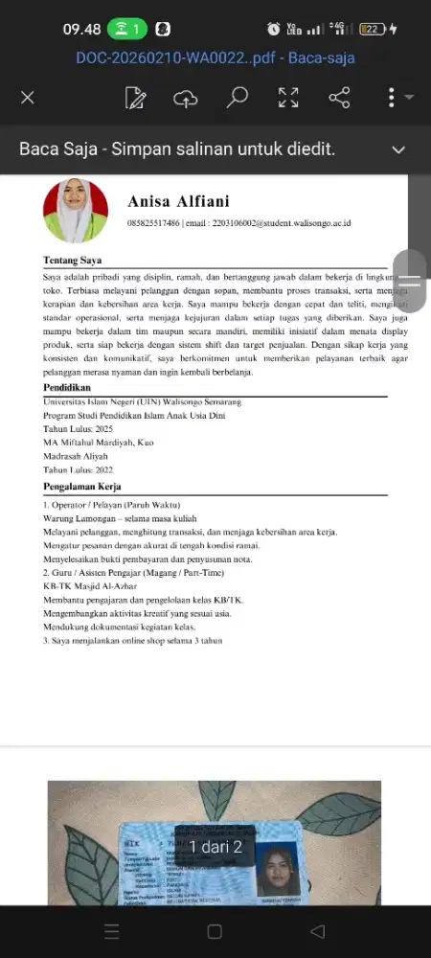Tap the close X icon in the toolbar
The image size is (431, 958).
tap(28, 97)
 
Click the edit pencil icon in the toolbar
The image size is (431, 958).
tap(135, 97)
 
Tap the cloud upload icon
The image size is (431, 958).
tap(186, 97)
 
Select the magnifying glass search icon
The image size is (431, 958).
tap(237, 97)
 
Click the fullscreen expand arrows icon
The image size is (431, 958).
tap(288, 97)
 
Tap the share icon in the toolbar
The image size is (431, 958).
tap(339, 97)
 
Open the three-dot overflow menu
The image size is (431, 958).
tap(391, 97)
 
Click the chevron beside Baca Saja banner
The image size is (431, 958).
tap(398, 149)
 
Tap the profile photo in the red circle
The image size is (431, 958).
tap(76, 211)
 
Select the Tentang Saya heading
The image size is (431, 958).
tap(73, 261)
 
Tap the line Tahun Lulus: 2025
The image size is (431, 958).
tap(79, 429)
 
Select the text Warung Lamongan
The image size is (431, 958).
tap(78, 518)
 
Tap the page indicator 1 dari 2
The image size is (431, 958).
tap(215, 847)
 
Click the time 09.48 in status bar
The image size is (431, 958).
tap(82, 30)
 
